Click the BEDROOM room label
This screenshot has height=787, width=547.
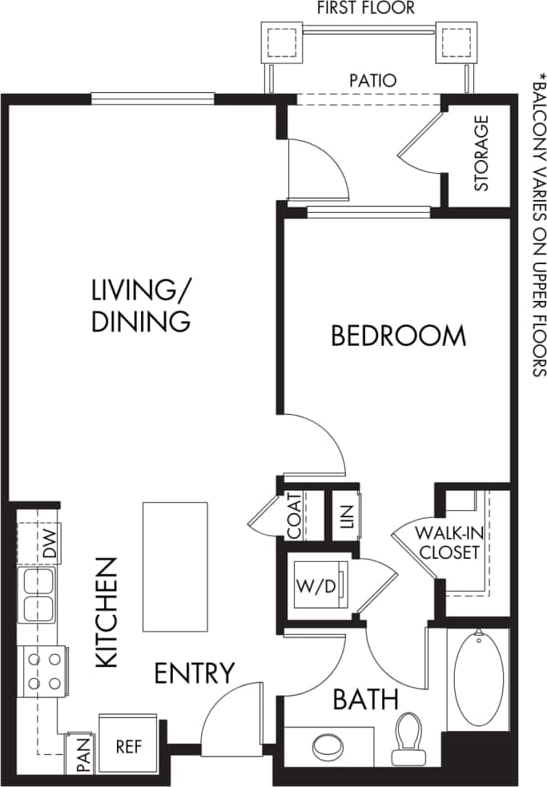pyautogui.click(x=398, y=335)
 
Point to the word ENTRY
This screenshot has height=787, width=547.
pyautogui.click(x=195, y=673)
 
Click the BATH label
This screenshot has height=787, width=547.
pyautogui.click(x=365, y=700)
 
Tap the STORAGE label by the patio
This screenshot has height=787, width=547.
pyautogui.click(x=481, y=154)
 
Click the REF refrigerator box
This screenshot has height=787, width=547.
pyautogui.click(x=128, y=746)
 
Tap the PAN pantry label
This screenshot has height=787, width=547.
pyautogui.click(x=82, y=755)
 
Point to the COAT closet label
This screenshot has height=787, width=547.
pyautogui.click(x=294, y=516)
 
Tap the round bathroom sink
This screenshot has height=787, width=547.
pyautogui.click(x=329, y=748)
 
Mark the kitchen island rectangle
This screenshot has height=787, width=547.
pyautogui.click(x=175, y=566)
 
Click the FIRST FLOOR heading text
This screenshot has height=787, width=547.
pyautogui.click(x=366, y=9)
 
